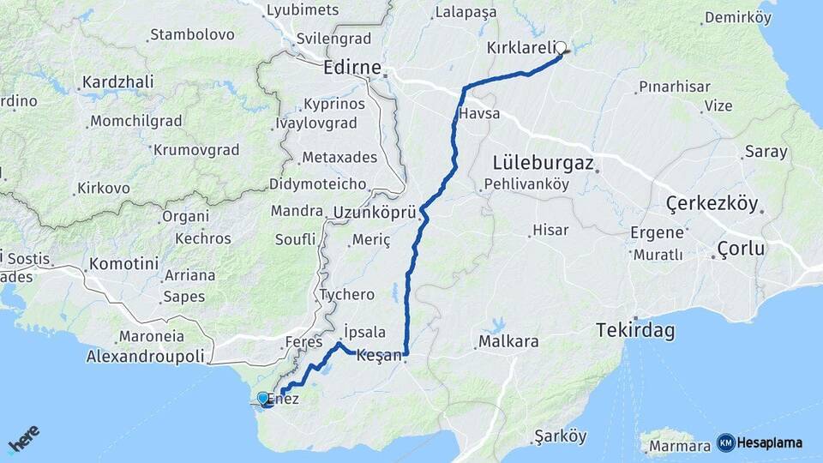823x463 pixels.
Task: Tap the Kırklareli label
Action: [x=520, y=47]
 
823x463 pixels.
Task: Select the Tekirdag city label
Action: [x=635, y=331]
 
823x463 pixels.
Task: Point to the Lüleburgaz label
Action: [x=544, y=162]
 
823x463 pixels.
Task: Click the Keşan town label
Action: [x=378, y=355]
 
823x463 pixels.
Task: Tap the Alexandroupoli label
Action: [x=147, y=356]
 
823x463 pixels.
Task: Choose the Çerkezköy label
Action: [x=712, y=204]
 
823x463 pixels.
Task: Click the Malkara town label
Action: [x=509, y=341]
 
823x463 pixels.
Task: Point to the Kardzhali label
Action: [x=117, y=83]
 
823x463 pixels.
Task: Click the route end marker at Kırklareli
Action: [x=562, y=48]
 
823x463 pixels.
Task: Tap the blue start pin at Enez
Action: [x=263, y=398]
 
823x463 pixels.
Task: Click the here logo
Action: [x=24, y=440]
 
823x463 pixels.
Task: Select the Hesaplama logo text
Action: [x=770, y=442]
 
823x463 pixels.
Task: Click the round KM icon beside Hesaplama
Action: [x=725, y=442]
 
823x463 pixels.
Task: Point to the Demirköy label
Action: [x=737, y=17]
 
